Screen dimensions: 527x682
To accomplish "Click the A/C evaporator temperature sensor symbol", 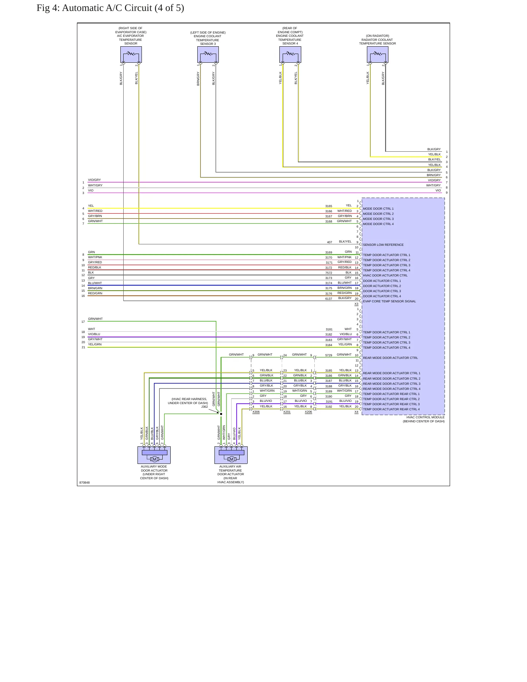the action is point(131,55).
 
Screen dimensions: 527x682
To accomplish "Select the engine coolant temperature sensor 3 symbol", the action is point(208,55).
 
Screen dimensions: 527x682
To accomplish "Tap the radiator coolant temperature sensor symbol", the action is point(377,55).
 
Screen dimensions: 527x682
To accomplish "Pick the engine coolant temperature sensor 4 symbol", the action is point(290,55).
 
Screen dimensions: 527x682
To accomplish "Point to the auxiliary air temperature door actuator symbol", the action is point(231,455).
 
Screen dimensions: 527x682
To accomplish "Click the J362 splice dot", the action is point(221,414).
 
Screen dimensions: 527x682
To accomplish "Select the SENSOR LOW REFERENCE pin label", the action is point(383,245).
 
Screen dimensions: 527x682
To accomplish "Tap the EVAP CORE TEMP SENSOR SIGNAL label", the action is point(390,301).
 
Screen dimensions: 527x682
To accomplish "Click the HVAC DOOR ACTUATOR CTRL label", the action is point(385,275).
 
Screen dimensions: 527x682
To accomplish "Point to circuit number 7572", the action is point(329,273).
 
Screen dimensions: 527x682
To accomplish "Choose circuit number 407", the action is point(330,242).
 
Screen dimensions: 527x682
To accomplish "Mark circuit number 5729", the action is point(329,355).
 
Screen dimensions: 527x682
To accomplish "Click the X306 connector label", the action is point(256,412).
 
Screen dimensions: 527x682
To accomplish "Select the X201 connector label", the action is point(287,412).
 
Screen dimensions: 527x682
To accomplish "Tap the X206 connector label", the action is point(309,412).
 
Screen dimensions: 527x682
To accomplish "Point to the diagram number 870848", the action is point(85,483).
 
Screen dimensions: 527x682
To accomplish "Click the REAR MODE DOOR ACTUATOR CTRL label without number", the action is point(390,358).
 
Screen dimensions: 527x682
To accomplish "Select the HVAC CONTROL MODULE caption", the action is point(426,417).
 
